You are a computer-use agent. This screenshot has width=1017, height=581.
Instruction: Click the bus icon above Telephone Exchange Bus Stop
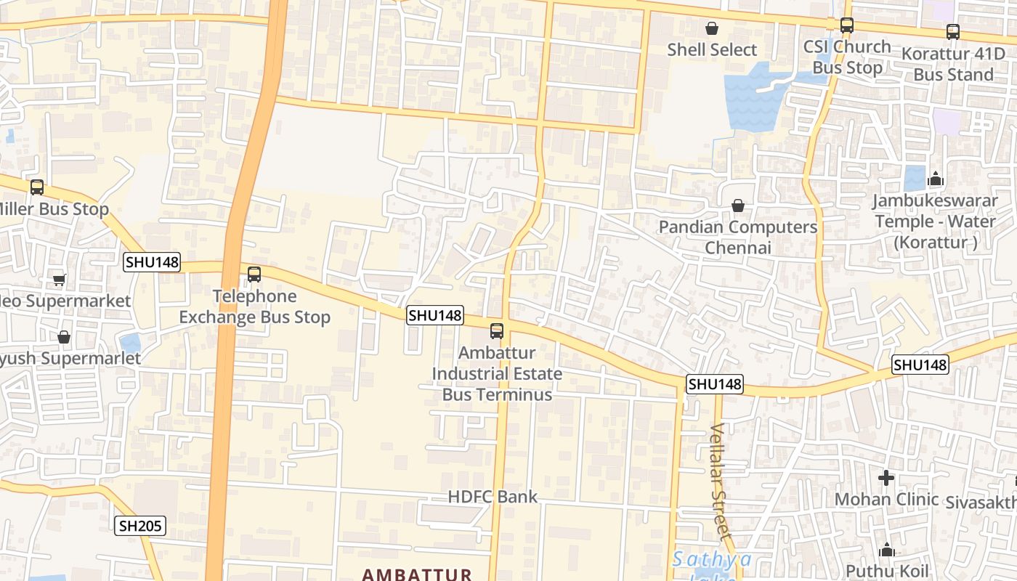(254, 275)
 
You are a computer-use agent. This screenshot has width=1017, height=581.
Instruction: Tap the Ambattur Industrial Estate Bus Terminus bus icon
(497, 331)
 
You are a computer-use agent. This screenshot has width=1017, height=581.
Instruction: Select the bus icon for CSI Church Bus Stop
(846, 25)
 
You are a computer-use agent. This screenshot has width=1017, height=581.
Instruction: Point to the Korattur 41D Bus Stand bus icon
(952, 32)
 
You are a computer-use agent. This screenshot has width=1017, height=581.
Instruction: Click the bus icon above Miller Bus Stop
(37, 187)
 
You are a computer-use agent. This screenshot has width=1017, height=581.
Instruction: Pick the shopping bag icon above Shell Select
(712, 28)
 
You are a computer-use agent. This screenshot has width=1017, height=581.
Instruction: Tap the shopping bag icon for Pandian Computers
(738, 206)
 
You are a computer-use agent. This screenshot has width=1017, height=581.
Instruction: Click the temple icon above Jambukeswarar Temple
(936, 179)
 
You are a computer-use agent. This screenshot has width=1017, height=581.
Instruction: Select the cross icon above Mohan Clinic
(886, 478)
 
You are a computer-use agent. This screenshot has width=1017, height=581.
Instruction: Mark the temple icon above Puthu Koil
(886, 550)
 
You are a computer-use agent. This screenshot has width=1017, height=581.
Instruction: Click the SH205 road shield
(140, 526)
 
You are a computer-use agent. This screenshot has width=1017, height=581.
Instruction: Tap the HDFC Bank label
(493, 497)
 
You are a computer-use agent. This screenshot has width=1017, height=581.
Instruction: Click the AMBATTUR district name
(417, 574)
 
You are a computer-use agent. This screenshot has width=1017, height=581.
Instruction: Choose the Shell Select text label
(712, 50)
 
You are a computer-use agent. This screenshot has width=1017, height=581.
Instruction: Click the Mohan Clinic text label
(886, 500)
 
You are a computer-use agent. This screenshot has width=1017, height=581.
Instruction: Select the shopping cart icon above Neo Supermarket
(60, 280)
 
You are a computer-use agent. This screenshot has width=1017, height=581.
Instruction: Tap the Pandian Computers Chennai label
(738, 237)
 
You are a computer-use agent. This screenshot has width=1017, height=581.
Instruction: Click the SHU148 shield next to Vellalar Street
(715, 384)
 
